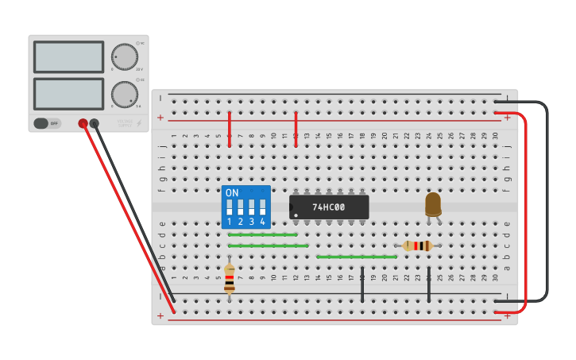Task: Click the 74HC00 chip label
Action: click(x=328, y=207)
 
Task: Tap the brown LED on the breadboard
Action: click(x=433, y=203)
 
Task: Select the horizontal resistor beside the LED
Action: click(x=417, y=246)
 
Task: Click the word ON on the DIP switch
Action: click(x=232, y=193)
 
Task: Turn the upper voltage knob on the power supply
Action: click(x=124, y=56)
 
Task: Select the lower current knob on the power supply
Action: click(x=124, y=95)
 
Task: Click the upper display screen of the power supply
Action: click(x=68, y=57)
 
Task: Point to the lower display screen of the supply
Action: click(x=68, y=94)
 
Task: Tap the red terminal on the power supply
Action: click(x=83, y=123)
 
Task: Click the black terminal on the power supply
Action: click(x=95, y=123)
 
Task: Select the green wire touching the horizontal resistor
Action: click(x=356, y=257)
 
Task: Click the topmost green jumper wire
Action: click(x=262, y=234)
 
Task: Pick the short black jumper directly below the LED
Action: click(x=429, y=285)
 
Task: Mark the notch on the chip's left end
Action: click(x=292, y=207)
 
